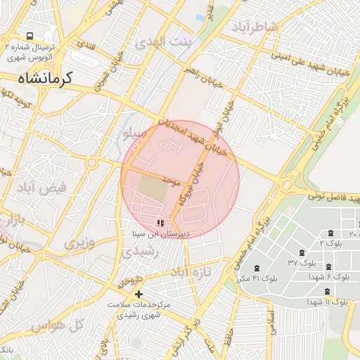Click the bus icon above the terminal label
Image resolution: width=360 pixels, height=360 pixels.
[x=30, y=36]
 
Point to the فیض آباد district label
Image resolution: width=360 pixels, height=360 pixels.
[x=44, y=188]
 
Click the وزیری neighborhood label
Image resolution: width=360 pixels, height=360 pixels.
[x=79, y=243]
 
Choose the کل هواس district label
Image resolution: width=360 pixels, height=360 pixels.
[x=59, y=324]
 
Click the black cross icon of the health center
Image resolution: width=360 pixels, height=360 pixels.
[x=139, y=294]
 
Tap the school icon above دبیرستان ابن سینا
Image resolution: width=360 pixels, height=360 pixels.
[x=160, y=223]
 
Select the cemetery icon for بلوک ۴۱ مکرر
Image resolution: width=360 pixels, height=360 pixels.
[x=254, y=268]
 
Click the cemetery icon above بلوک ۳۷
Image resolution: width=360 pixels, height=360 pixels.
[x=302, y=252]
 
